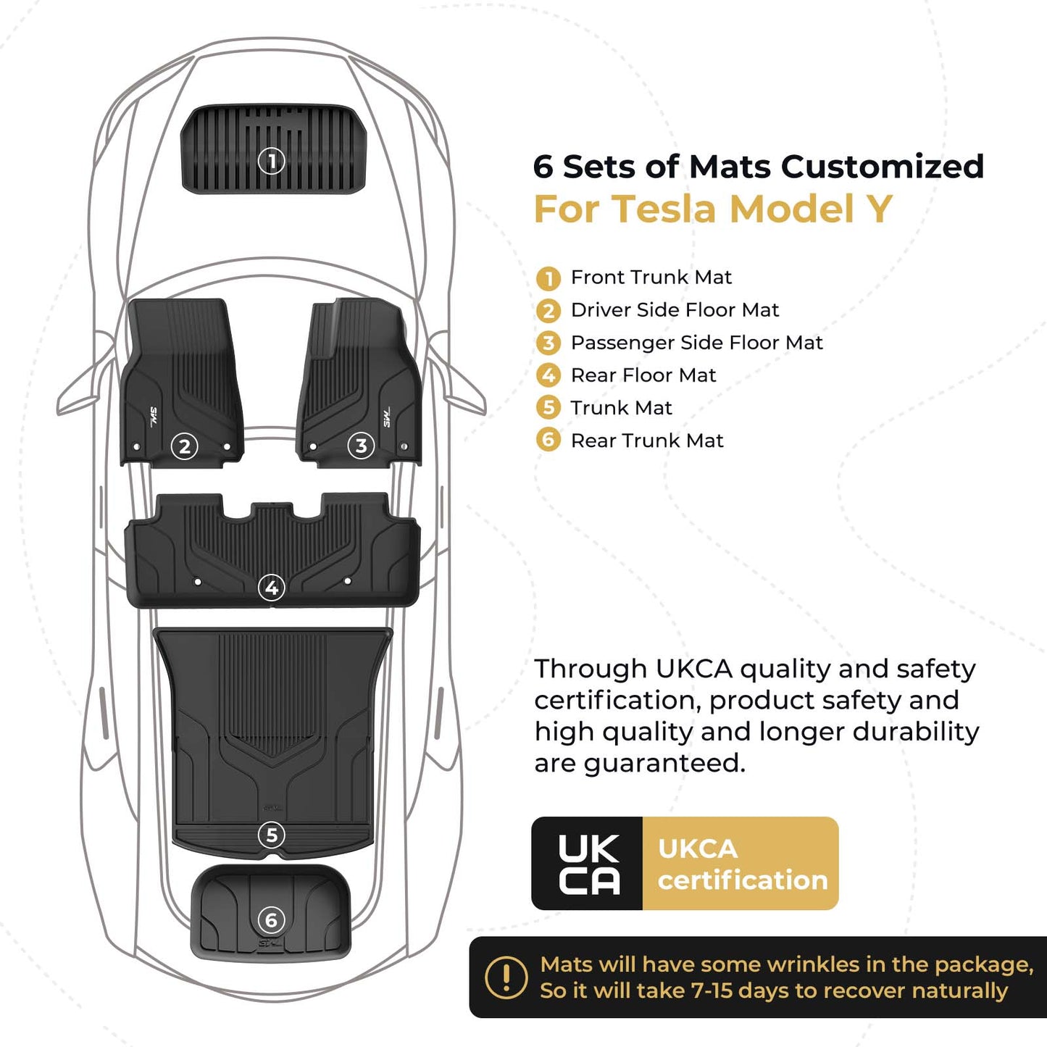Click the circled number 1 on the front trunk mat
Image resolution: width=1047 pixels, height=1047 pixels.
[272, 160]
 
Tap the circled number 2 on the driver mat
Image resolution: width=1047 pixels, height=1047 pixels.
[184, 446]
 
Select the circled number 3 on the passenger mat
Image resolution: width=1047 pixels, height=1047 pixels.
[361, 446]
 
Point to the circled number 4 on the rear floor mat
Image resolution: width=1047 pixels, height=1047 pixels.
[272, 588]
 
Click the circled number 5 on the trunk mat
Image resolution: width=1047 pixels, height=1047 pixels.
[272, 835]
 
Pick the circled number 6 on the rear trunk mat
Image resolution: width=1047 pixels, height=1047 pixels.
[272, 920]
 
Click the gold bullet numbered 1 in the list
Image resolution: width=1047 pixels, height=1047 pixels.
[548, 278]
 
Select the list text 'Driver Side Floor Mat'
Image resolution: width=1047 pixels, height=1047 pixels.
[675, 310]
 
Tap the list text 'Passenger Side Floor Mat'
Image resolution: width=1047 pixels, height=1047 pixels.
[696, 343]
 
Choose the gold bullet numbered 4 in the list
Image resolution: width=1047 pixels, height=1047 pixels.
[548, 375]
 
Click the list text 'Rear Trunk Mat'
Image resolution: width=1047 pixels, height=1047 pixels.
[647, 441]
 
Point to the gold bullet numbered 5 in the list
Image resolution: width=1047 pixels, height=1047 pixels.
[548, 408]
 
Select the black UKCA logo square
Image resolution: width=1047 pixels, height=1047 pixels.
[588, 864]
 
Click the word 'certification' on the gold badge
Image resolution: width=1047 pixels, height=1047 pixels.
[743, 880]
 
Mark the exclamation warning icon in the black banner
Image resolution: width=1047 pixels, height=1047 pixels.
[506, 977]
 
